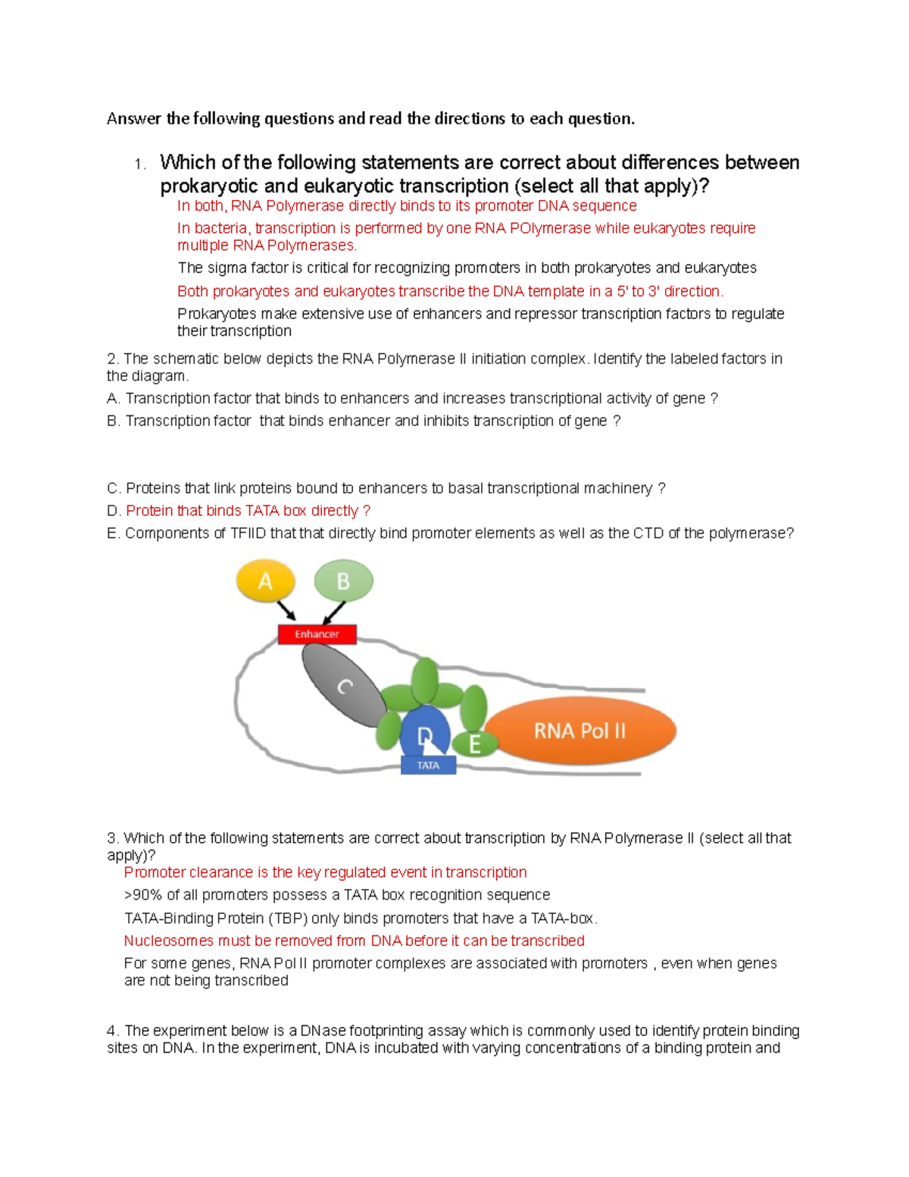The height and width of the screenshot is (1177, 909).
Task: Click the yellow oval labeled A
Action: point(265,581)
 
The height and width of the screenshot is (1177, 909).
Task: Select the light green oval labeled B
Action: point(343,581)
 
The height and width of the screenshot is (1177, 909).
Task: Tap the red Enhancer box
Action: point(317,634)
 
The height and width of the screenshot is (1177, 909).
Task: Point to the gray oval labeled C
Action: point(343,687)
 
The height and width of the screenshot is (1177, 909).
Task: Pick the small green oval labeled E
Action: point(475,744)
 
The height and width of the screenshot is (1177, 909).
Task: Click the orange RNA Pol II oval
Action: point(579,731)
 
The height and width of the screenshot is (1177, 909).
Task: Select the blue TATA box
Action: point(428,765)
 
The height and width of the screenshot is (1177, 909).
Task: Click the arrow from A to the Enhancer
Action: point(286,610)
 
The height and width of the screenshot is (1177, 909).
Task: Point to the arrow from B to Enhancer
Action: point(334,612)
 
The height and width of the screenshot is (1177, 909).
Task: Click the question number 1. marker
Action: point(139,164)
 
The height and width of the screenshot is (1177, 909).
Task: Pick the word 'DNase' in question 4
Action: point(323,1031)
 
